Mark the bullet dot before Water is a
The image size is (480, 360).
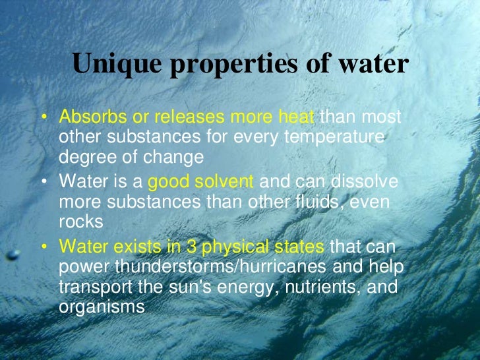[44, 181]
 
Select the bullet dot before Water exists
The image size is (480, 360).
[44, 247]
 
